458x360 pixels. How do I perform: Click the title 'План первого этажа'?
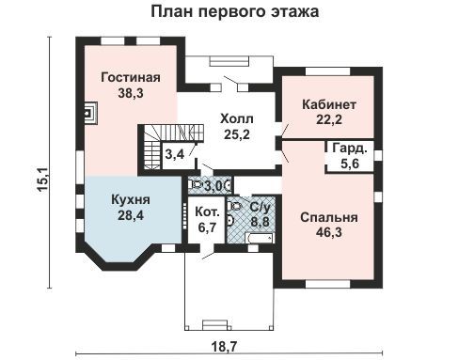235,11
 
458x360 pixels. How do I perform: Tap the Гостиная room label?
131,77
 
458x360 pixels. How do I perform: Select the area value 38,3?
131,93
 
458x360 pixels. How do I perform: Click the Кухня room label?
131,200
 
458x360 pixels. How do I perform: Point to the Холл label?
237,119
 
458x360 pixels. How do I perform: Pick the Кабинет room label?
329,104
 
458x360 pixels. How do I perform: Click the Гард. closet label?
350,149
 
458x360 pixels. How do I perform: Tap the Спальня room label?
329,217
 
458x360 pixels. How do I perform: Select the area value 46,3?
329,232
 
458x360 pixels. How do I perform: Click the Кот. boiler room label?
207,212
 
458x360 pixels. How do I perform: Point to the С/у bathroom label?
260,207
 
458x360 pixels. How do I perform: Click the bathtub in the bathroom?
261,238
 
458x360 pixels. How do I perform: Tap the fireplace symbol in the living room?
90,113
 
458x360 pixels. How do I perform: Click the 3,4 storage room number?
175,154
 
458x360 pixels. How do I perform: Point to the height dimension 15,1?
42,179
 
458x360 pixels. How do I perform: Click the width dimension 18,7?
225,347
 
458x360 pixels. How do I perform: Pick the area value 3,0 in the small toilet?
213,187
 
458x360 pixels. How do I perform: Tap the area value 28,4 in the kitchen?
131,215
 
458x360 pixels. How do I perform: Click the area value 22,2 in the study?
329,119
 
